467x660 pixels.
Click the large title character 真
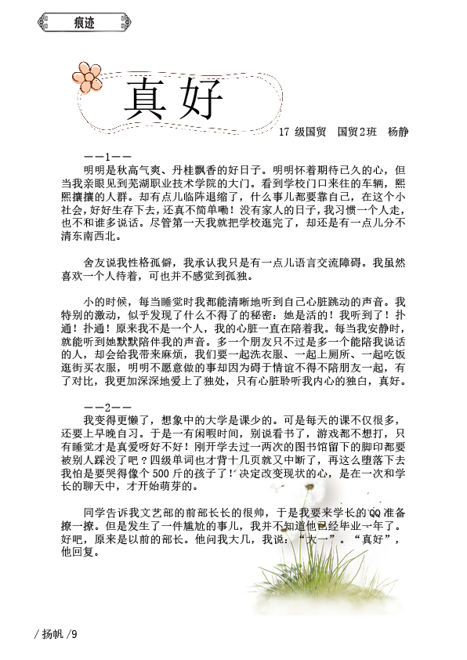(x=147, y=100)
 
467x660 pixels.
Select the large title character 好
(x=200, y=100)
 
